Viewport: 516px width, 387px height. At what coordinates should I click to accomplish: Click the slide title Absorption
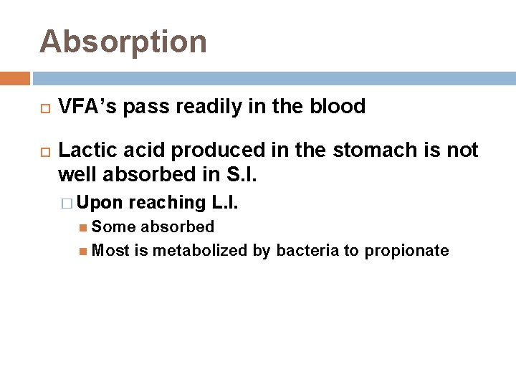123,41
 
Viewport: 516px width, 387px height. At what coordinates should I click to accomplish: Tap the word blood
337,107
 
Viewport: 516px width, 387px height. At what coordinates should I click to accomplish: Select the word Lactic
83,151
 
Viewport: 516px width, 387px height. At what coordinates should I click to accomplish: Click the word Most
111,250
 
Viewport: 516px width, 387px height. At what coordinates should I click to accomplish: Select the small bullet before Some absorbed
85,228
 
